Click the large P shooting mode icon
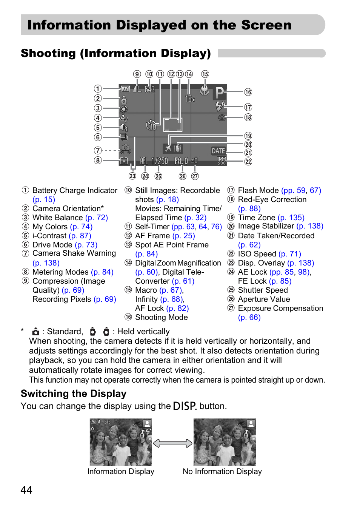coord(219,92)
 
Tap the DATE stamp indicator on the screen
coord(218,151)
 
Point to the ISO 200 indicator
coord(222,161)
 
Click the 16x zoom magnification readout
coord(190,99)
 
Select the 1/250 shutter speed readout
coord(159,161)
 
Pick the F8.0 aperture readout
coord(181,161)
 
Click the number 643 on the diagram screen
coord(149,90)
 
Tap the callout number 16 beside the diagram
coord(248,92)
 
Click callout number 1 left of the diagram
coord(98,89)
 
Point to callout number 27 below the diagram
coord(195,176)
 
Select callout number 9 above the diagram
coord(137,74)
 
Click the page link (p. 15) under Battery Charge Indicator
coord(44,199)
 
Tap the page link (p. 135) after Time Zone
coord(291,218)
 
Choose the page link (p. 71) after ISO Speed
coord(290,254)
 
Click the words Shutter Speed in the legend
coord(263,290)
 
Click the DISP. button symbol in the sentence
coord(185,406)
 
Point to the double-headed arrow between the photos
coord(173,443)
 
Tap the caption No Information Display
coord(222,471)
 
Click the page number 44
coord(26,490)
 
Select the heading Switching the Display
coord(74,394)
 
